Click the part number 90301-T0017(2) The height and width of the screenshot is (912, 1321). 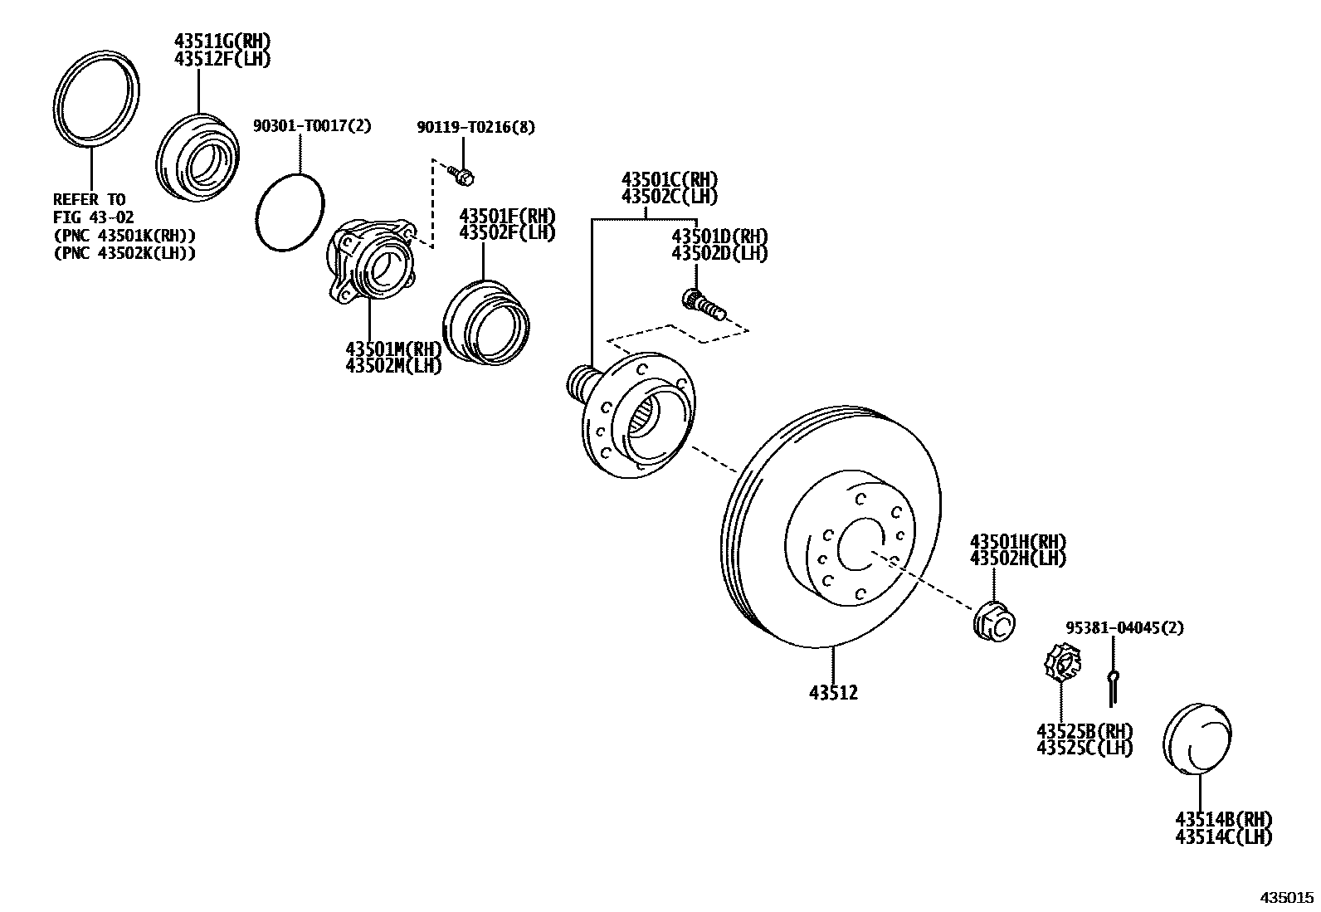coord(313,125)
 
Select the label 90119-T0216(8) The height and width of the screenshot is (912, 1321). coord(476,127)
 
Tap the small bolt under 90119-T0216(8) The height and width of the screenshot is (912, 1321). coord(461,175)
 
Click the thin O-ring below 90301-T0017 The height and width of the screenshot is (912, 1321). coord(290,212)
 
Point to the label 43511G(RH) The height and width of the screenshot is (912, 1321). coord(222,41)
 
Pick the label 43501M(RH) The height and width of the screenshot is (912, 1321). coord(393,348)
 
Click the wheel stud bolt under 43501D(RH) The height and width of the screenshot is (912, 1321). coord(703,305)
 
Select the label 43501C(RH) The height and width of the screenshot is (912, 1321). coord(670,178)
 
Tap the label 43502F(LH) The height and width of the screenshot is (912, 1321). coord(507,233)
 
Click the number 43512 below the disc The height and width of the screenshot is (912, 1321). coord(833,693)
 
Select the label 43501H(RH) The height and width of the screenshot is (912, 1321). coord(1018,541)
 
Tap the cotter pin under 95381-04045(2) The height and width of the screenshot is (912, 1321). coord(1112,687)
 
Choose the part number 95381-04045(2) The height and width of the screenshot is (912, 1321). coord(1124,627)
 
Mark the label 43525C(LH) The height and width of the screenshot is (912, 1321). coord(1085,748)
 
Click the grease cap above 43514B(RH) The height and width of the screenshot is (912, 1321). coord(1197,739)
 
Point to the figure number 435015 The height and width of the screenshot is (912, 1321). coord(1287,898)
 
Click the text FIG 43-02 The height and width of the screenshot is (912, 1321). coord(93,217)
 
